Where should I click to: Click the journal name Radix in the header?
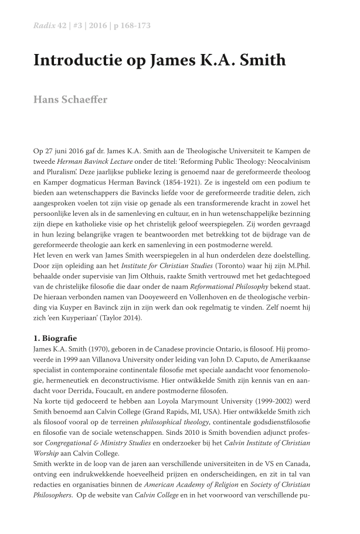tap(45, 25)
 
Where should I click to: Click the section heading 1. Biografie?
tap(60, 339)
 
